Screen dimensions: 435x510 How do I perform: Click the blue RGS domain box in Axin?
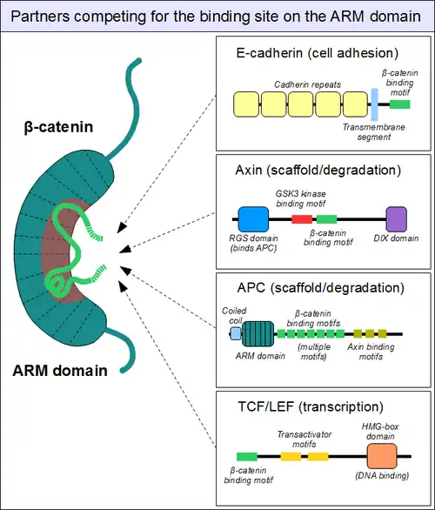pyautogui.click(x=253, y=219)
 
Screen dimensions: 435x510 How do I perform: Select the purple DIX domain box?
pyautogui.click(x=397, y=219)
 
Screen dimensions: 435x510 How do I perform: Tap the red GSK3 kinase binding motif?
pyautogui.click(x=302, y=219)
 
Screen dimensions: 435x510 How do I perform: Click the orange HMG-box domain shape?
pyautogui.click(x=382, y=456)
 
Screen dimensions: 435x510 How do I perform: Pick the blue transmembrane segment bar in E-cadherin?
pyautogui.click(x=374, y=104)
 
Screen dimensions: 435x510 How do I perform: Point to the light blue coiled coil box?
pyautogui.click(x=236, y=333)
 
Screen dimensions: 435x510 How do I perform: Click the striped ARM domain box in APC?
pyautogui.click(x=258, y=333)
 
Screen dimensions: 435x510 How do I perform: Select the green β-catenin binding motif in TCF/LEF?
pyautogui.click(x=247, y=457)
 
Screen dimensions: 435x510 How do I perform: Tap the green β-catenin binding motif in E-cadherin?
pyautogui.click(x=400, y=104)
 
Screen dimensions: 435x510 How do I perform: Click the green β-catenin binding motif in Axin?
pyautogui.click(x=327, y=219)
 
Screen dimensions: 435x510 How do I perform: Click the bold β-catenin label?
pyautogui.click(x=58, y=127)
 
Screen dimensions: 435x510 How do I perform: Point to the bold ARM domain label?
pyautogui.click(x=60, y=371)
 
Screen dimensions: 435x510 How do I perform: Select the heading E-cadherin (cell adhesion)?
pyautogui.click(x=318, y=53)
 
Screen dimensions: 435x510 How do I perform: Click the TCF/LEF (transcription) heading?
pyautogui.click(x=311, y=406)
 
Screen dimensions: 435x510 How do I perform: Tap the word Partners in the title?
pyautogui.click(x=40, y=17)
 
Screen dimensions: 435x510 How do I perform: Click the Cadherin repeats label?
pyautogui.click(x=308, y=84)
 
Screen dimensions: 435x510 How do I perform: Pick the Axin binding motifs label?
pyautogui.click(x=371, y=352)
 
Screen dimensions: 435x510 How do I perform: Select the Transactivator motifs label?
pyautogui.click(x=304, y=440)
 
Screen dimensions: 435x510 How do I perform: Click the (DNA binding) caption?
pyautogui.click(x=382, y=475)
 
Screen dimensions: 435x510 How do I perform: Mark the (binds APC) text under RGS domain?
pyautogui.click(x=253, y=248)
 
